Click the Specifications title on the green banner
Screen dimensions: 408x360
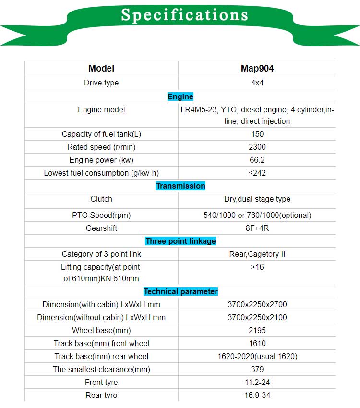185,15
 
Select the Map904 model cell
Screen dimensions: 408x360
257,69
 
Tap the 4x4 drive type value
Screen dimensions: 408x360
257,83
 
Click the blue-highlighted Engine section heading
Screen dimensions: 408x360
180,96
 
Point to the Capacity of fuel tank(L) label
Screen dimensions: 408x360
102,134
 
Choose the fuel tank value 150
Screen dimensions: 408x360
257,134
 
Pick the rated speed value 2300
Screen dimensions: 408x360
257,147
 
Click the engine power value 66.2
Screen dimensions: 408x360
257,160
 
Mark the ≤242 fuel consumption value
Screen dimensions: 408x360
257,173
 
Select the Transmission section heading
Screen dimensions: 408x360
180,186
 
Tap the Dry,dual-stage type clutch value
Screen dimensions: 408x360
257,199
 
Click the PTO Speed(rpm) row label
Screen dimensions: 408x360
101,215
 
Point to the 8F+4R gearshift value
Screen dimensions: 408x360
257,228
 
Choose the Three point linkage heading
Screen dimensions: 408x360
180,241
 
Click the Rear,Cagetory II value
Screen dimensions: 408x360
257,254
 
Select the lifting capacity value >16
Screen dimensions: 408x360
257,267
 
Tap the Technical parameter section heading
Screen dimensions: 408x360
180,291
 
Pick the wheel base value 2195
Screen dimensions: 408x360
257,330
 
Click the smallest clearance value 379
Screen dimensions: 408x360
257,369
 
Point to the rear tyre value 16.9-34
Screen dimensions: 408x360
257,395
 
